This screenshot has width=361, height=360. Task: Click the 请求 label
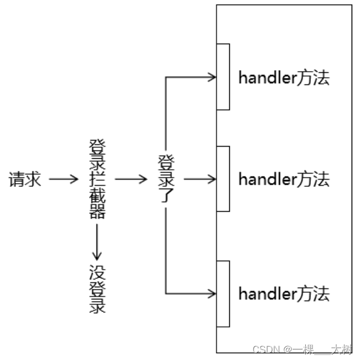(x=25, y=180)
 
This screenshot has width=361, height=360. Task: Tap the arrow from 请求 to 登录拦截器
(x=63, y=180)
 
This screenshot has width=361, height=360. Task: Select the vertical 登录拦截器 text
(x=97, y=180)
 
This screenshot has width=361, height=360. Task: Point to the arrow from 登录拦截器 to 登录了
(x=131, y=180)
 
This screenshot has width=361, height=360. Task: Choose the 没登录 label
(x=98, y=289)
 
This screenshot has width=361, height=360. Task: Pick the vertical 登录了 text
(x=166, y=179)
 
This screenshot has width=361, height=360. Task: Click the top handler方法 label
(x=284, y=78)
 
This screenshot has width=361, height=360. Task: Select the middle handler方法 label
(x=284, y=179)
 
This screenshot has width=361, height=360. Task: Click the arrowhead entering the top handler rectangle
(x=212, y=77)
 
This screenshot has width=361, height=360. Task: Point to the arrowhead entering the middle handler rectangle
(x=212, y=179)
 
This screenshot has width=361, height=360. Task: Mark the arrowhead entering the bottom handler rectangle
(x=212, y=292)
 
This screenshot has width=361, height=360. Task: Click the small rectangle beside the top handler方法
(x=223, y=77)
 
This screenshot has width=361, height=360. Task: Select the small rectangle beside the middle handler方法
(x=223, y=179)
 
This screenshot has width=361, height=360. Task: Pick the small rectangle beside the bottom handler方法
(x=223, y=293)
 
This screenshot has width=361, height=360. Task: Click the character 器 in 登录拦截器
(x=97, y=211)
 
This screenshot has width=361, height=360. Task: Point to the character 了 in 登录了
(x=166, y=195)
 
